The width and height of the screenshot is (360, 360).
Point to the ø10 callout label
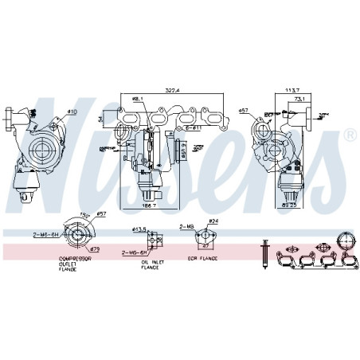point(72,112)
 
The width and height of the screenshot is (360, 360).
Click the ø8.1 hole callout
point(138,98)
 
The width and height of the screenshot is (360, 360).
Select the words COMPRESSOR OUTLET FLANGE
point(73,264)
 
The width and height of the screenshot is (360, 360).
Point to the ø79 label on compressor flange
point(92,249)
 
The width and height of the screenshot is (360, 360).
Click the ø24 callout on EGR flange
point(213,221)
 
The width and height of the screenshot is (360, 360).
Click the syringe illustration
point(262,250)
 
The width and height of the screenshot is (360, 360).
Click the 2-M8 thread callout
point(187,227)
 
